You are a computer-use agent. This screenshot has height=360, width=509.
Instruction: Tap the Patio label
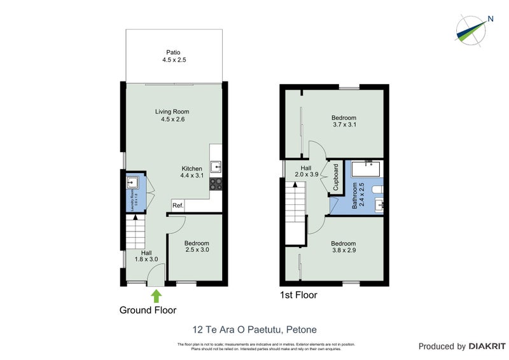coord(174,57)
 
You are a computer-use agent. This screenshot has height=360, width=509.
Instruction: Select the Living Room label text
coord(172,115)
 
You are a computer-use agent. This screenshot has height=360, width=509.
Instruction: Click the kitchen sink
coord(216,167)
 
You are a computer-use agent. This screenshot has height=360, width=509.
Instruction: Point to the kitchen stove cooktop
coord(216,183)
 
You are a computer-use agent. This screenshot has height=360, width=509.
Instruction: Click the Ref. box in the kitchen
coord(178,206)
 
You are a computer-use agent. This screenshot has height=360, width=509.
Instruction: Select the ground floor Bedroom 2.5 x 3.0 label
coord(197,247)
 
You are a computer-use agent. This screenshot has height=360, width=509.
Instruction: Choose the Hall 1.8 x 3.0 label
coord(146,256)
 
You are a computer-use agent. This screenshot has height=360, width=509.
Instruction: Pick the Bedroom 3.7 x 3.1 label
coord(344,121)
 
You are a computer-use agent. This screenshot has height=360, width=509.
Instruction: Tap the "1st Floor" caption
coord(298,295)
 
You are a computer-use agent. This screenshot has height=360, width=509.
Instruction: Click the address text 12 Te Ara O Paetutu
coord(254,329)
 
